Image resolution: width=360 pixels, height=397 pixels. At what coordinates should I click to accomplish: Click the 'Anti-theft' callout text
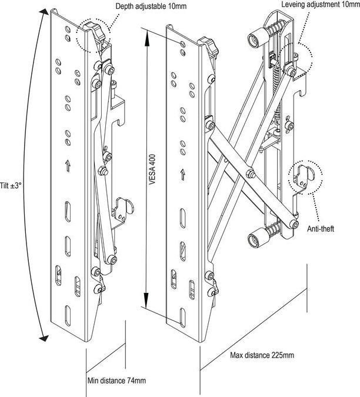pos(320,229)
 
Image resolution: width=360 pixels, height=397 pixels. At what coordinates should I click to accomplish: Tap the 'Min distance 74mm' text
pos(116,381)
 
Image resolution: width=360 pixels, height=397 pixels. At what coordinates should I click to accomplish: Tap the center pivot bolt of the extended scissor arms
pos(251,173)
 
